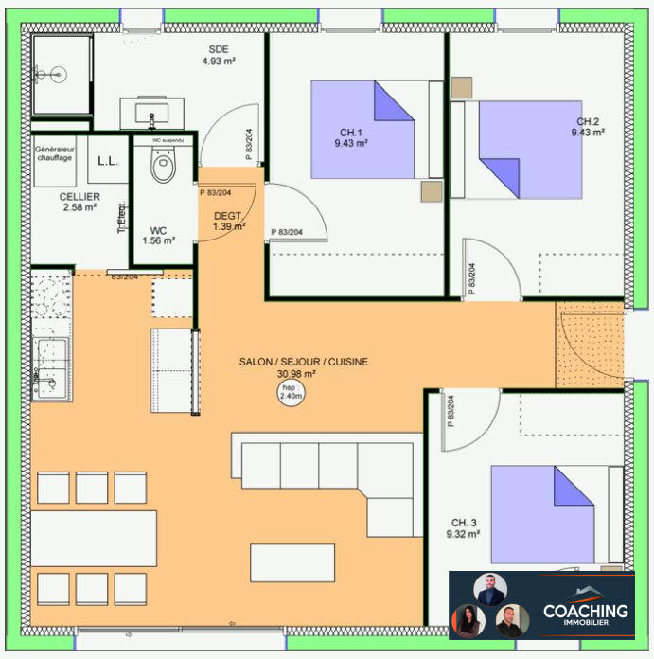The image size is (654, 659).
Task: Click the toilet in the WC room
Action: click(164, 168)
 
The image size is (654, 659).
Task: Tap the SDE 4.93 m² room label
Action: click(218, 56)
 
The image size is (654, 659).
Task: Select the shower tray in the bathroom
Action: click(62, 74)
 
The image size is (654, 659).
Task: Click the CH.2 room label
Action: click(588, 127)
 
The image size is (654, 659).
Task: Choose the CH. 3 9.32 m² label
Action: click(464, 528)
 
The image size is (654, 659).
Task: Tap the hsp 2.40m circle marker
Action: click(292, 393)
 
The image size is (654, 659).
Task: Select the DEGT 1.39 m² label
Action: click(228, 221)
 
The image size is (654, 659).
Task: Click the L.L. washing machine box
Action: click(107, 162)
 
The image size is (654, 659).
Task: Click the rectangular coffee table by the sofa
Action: click(292, 562)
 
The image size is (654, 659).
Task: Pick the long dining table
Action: click(93, 538)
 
